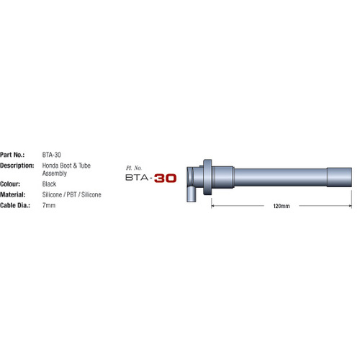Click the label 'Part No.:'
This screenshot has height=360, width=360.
[14, 154]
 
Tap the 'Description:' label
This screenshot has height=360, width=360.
[18, 165]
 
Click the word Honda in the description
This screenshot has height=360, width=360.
[51, 165]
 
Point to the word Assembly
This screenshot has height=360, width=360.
[55, 174]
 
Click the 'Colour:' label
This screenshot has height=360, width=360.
[13, 184]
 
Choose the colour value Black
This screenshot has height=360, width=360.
[50, 184]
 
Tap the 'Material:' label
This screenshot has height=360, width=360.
[15, 194]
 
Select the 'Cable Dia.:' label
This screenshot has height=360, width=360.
[17, 205]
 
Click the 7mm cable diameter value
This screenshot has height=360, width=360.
[49, 205]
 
